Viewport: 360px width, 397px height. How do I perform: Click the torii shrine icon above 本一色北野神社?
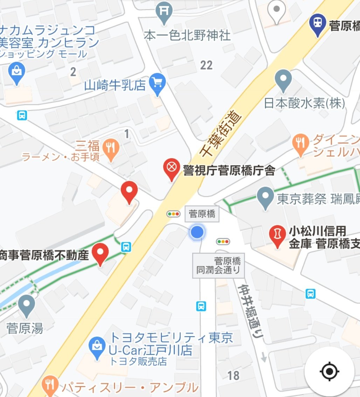click(x=164, y=12)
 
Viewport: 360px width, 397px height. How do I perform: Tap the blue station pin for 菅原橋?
click(x=318, y=23)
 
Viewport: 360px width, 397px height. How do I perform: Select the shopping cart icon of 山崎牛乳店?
click(x=157, y=83)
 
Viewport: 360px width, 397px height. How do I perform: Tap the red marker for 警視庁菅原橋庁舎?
click(x=171, y=169)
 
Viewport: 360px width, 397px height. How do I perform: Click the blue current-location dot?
click(x=197, y=232)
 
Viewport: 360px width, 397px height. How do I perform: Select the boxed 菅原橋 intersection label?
click(x=202, y=214)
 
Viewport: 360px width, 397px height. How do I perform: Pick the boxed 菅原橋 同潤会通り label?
click(x=219, y=265)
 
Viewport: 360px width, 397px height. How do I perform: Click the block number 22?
click(x=206, y=65)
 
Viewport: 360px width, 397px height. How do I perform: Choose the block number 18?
click(x=233, y=375)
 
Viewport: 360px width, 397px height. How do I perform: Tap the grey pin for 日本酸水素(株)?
click(x=283, y=79)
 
